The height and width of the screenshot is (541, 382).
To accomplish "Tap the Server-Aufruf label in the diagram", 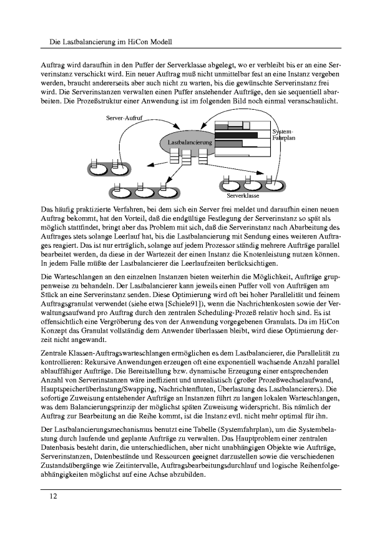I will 125,117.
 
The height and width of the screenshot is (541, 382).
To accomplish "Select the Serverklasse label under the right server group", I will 243,196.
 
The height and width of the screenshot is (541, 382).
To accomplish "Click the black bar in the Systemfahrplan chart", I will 236,135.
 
